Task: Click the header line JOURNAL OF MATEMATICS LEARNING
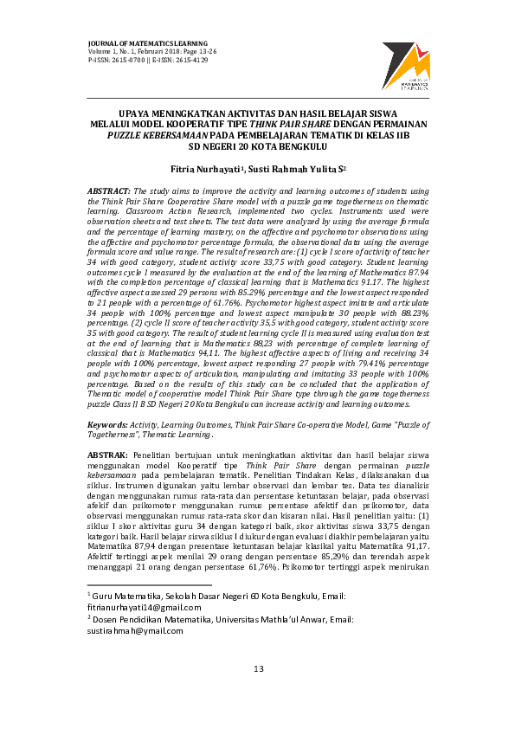(148, 42)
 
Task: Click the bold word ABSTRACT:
(110, 189)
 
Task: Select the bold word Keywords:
(107, 426)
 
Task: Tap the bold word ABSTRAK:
(108, 454)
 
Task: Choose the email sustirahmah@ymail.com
(136, 630)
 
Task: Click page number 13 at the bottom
(257, 668)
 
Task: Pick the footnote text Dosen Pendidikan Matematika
(148, 619)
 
